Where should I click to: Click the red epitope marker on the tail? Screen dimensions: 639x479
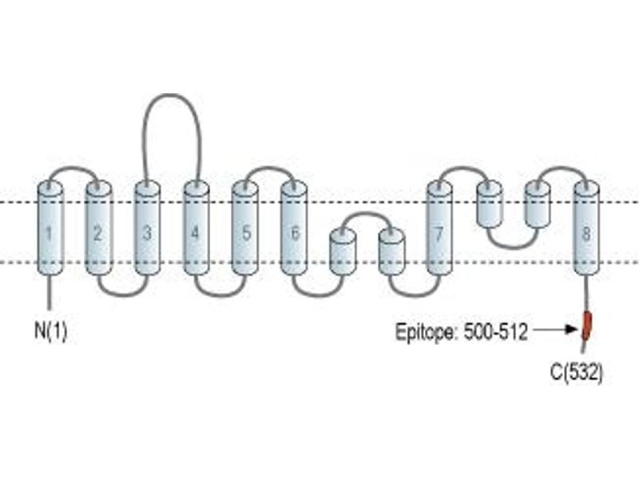pyautogui.click(x=586, y=325)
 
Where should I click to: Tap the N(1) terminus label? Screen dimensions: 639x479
pyautogui.click(x=50, y=331)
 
